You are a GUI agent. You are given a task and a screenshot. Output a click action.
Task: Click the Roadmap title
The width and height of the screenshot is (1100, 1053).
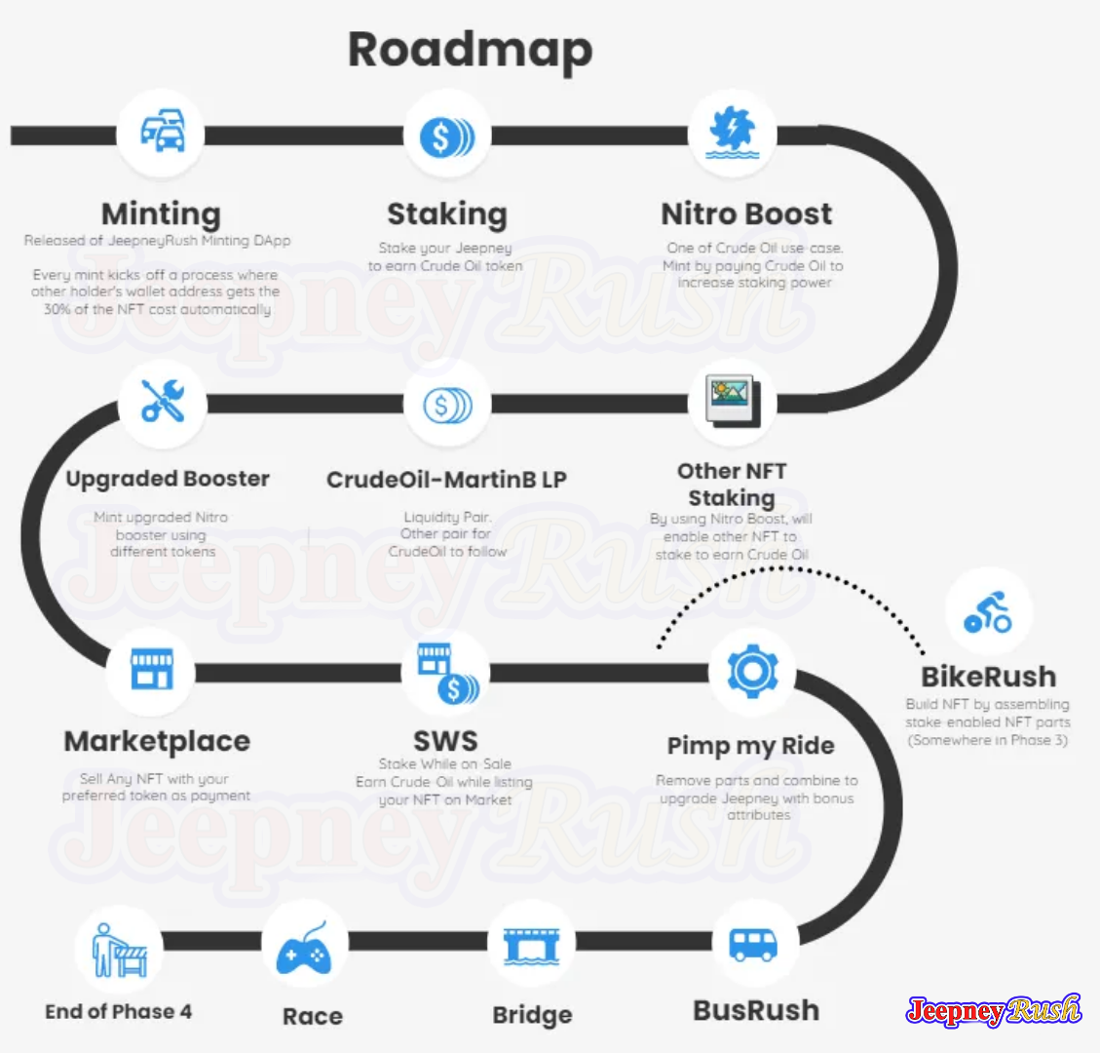coord(470,51)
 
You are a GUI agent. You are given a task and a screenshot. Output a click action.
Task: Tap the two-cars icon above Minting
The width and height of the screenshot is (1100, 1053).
coord(163,131)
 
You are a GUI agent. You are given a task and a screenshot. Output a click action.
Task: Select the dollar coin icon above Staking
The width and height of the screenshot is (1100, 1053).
coord(447,136)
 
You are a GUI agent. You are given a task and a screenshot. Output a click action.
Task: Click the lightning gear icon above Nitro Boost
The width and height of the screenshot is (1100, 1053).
coord(733,132)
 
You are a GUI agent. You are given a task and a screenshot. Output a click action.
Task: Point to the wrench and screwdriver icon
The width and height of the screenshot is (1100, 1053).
coord(163,401)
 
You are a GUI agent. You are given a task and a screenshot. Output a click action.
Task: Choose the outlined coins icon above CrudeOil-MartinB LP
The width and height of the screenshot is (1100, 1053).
coord(447,405)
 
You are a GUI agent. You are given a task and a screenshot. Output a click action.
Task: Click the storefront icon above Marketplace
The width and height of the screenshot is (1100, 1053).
coord(152,668)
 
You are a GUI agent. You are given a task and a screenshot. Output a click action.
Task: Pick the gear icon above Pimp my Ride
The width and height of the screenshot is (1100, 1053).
coord(752,672)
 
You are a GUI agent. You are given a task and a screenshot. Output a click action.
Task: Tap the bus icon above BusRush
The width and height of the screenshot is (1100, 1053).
coord(753,945)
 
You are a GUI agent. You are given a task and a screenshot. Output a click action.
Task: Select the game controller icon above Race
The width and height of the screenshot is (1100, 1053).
coord(304,949)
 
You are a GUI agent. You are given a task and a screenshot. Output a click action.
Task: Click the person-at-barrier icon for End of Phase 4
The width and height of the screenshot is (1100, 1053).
coord(120,950)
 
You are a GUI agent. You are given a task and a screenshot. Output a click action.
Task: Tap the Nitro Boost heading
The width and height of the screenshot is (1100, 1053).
coord(746,214)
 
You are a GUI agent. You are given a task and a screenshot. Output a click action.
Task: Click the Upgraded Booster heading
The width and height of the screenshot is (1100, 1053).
coord(168,479)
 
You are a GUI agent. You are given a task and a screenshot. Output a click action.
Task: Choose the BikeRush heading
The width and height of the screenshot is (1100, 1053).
coord(989,677)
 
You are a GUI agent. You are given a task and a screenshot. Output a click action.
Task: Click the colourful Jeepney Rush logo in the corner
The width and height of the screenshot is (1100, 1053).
coord(994,1010)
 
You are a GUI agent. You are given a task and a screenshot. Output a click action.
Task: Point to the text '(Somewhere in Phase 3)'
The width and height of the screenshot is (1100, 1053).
coord(988,740)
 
